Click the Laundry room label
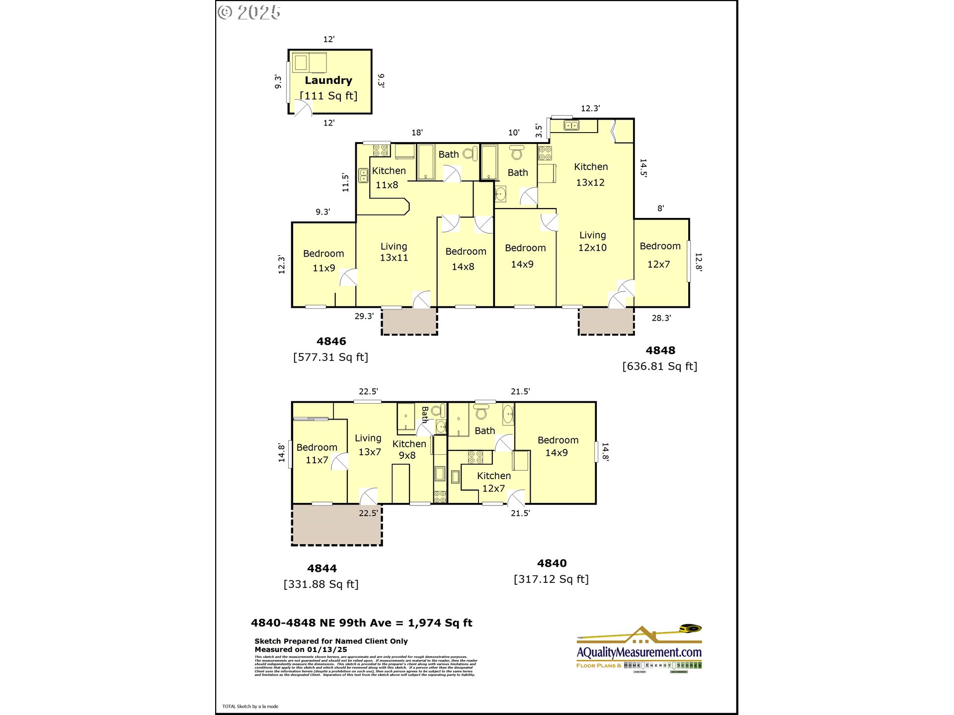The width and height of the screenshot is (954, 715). point(328,80)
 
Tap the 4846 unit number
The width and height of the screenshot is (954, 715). point(331,342)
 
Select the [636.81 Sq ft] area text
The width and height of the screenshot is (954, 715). point(660,366)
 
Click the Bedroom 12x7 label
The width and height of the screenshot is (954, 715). point(660,255)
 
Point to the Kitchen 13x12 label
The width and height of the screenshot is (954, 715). point(591,174)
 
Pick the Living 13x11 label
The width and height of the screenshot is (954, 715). point(394,252)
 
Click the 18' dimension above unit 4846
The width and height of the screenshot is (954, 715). point(417,133)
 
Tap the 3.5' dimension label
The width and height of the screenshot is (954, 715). point(539,131)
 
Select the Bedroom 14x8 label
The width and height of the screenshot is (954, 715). point(466,259)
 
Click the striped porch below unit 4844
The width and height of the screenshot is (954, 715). point(337,525)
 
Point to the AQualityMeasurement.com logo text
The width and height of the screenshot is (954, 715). point(639,652)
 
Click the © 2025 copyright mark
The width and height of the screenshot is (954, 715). point(249,12)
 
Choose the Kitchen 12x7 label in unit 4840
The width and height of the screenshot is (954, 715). point(493,482)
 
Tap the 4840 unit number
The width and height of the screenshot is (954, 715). point(552,564)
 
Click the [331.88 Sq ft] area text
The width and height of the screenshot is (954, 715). point(321,584)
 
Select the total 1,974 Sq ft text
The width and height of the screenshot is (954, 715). point(440,623)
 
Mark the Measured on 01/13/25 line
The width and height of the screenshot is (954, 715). point(301,649)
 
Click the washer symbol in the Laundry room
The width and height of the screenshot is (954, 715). point(301,63)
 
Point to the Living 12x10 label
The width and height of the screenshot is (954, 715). point(592,241)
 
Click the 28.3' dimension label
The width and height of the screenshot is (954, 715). point(661,318)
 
